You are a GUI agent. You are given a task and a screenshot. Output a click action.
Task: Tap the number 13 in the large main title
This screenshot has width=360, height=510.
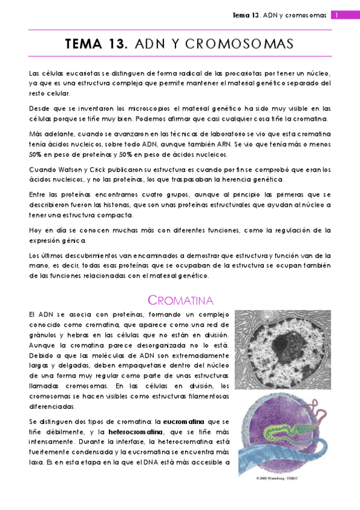coord(116,45)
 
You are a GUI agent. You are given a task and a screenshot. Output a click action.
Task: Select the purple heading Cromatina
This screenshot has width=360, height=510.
coord(181,300)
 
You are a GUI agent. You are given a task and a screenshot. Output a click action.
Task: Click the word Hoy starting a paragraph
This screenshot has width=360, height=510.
coord(35,230)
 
